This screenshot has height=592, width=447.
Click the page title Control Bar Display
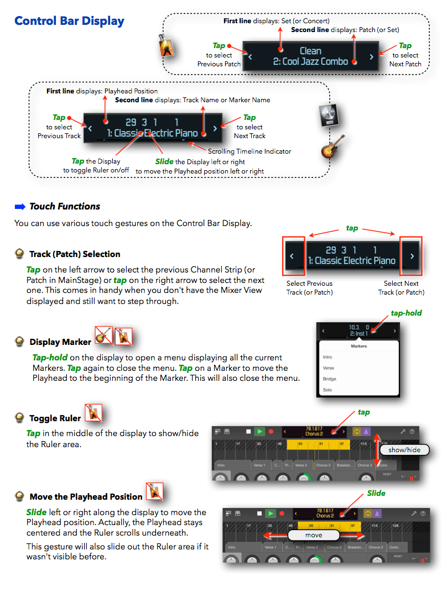pyautogui.click(x=69, y=21)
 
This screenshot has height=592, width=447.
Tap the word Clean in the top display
pyautogui.click(x=310, y=51)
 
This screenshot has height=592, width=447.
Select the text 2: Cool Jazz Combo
pyautogui.click(x=310, y=62)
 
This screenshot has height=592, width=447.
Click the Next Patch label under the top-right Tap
pyautogui.click(x=405, y=64)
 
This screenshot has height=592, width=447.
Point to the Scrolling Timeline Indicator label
pyautogui.click(x=249, y=151)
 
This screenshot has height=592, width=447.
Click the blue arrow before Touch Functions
pyautogui.click(x=20, y=207)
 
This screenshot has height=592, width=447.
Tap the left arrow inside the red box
pyautogui.click(x=293, y=256)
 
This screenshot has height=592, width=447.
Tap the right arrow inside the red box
pyautogui.click(x=411, y=256)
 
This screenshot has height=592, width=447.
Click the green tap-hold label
pyautogui.click(x=406, y=313)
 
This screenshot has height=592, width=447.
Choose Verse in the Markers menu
pyautogui.click(x=329, y=368)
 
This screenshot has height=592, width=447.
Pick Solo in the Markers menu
pyautogui.click(x=328, y=390)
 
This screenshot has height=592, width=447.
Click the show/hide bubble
pyautogui.click(x=404, y=450)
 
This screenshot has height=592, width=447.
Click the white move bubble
pyautogui.click(x=313, y=536)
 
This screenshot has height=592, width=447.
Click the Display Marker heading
pyautogui.click(x=61, y=342)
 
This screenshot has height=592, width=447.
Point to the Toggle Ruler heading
pyautogui.click(x=55, y=418)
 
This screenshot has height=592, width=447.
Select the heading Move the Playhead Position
pyautogui.click(x=86, y=496)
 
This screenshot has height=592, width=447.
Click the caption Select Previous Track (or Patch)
pyautogui.click(x=309, y=288)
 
